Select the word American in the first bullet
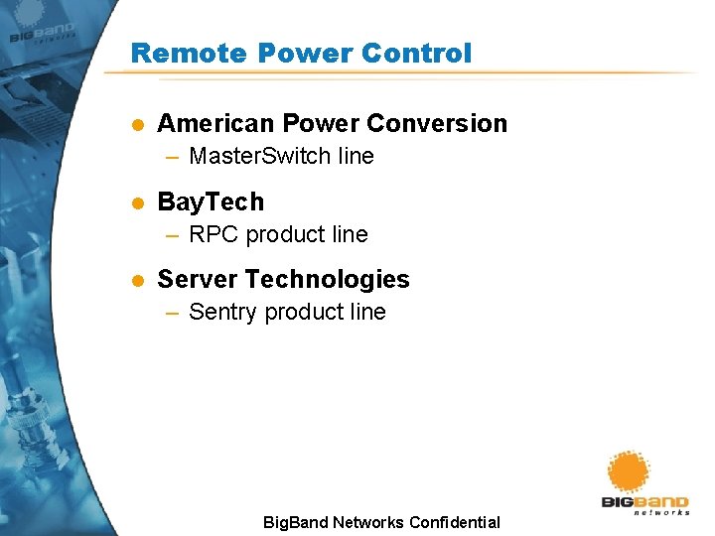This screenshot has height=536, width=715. point(215,123)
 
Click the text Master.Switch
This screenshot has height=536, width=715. point(253,156)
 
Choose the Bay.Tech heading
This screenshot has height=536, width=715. point(211,201)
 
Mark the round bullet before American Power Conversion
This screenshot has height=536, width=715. point(138,125)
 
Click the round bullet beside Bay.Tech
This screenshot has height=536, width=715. point(138,203)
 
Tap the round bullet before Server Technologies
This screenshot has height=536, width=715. point(138,281)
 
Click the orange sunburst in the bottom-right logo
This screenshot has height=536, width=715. point(629,471)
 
